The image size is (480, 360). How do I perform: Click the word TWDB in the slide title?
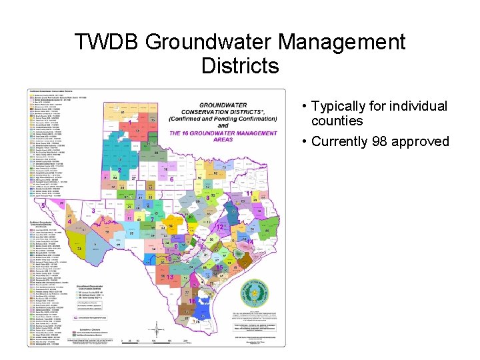click(107, 43)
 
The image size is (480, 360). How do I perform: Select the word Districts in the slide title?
click(239, 66)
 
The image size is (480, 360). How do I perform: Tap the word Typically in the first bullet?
click(340, 107)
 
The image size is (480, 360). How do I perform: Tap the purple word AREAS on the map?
click(223, 139)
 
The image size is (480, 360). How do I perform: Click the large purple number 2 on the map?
click(119, 171)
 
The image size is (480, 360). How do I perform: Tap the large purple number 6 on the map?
click(171, 180)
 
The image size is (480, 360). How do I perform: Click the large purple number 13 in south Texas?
click(171, 277)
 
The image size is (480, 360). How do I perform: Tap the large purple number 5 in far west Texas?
click(43, 207)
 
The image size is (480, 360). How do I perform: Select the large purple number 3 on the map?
click(93, 211)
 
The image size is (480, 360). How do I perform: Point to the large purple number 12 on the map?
click(220, 227)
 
